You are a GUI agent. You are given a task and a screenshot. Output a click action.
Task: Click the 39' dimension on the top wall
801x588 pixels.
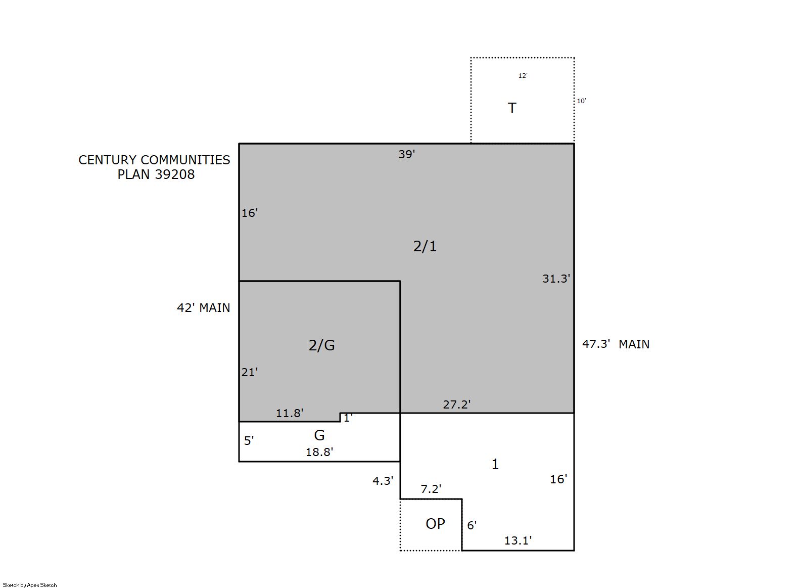click(x=407, y=154)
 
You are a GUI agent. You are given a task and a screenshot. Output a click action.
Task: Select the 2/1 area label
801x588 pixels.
click(x=425, y=246)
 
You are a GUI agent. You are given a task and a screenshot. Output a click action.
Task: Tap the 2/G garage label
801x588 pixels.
click(x=321, y=345)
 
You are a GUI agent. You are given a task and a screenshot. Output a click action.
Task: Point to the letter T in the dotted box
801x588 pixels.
click(x=512, y=108)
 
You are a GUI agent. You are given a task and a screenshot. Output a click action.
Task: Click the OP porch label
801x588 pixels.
click(x=435, y=524)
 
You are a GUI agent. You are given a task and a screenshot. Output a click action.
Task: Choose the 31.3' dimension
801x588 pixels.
click(x=556, y=279)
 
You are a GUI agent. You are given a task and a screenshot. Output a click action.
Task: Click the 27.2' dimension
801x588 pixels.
click(x=457, y=404)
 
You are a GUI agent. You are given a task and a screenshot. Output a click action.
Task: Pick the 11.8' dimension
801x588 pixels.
click(x=289, y=413)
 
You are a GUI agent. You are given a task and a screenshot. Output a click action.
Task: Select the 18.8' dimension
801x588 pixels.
click(x=319, y=452)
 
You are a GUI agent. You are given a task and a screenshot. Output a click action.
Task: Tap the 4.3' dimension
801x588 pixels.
click(x=383, y=481)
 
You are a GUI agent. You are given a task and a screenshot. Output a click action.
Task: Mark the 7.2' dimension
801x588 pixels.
click(x=431, y=489)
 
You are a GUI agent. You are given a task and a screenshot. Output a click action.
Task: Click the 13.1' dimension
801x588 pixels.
click(x=518, y=540)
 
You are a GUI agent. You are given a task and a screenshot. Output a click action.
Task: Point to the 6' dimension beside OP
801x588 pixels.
click(x=472, y=525)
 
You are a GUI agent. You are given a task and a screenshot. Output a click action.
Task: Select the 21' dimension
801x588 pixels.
click(x=250, y=372)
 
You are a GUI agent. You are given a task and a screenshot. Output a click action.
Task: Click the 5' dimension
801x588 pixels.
click(x=249, y=441)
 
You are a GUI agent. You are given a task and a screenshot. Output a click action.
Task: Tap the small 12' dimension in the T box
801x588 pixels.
click(x=523, y=76)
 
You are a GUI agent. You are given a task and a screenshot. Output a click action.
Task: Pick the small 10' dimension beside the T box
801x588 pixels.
click(x=582, y=101)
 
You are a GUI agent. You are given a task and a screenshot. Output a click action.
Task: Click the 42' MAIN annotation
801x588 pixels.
click(x=204, y=308)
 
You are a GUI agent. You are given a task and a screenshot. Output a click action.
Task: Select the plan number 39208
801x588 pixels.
click(x=175, y=174)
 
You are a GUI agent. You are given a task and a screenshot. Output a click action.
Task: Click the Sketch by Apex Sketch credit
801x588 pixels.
click(x=30, y=585)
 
